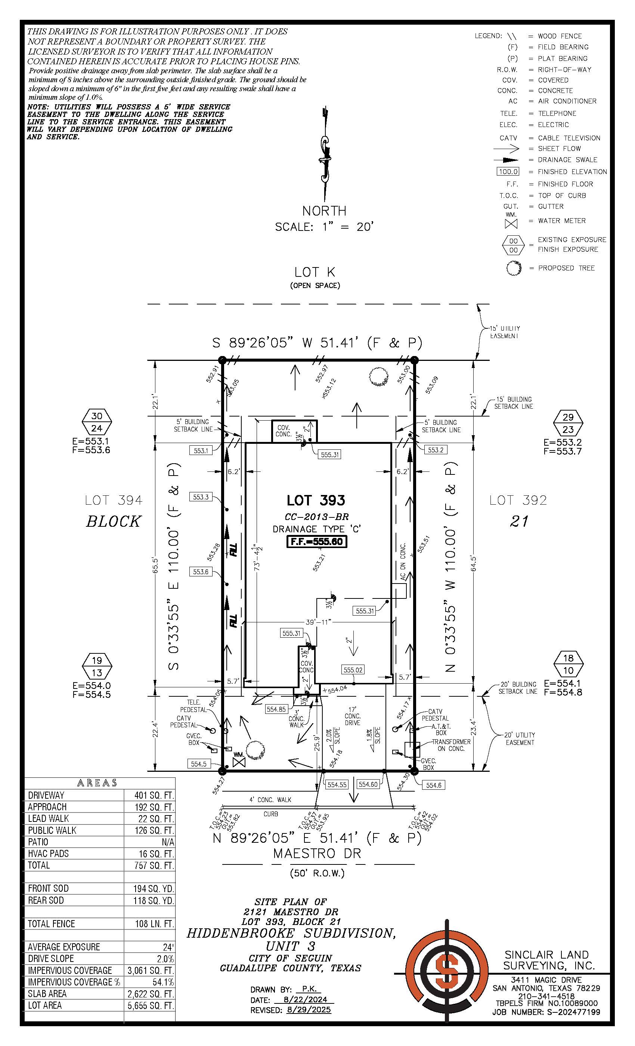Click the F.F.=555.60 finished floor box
point(317,542)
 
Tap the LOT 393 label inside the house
point(316,501)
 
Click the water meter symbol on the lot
point(239,762)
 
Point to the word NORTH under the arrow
point(324,211)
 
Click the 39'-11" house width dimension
point(318,622)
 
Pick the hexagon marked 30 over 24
point(97,422)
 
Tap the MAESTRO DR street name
point(317,853)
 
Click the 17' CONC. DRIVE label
point(352,716)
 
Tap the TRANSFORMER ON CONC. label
point(451,745)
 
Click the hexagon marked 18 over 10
point(569,664)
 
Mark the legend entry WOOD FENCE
point(560,36)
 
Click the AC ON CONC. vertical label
point(402,561)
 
